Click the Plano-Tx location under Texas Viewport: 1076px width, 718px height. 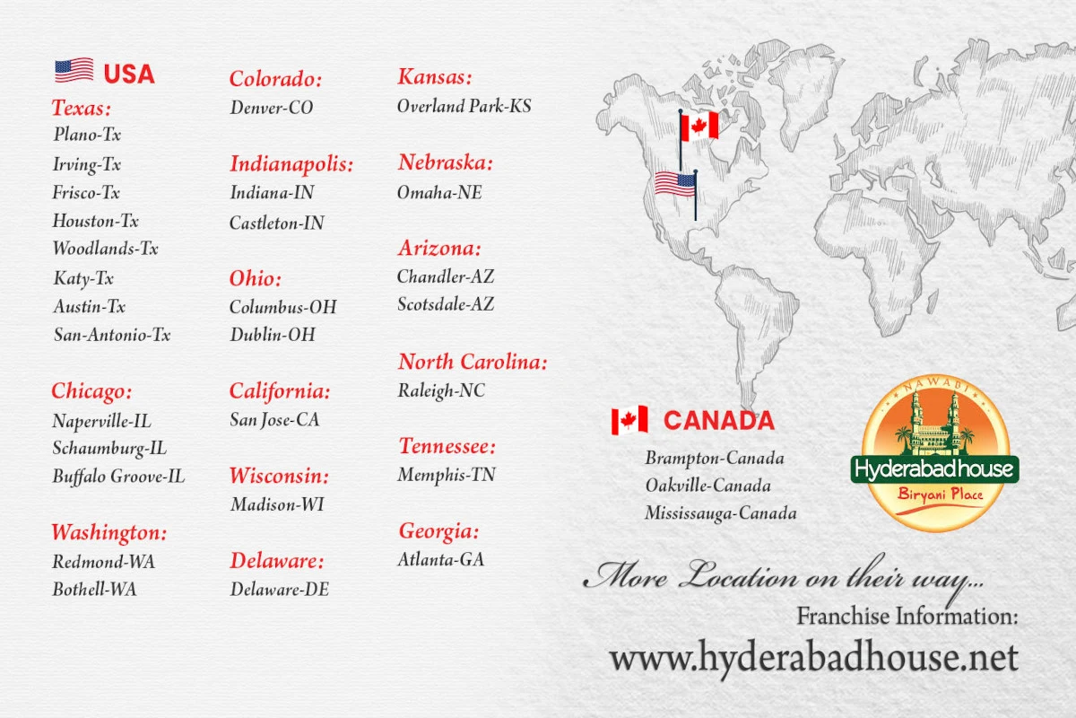point(87,136)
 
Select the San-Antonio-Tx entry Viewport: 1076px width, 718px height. point(111,335)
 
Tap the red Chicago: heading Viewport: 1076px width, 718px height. point(91,391)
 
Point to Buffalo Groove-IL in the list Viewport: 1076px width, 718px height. point(118,477)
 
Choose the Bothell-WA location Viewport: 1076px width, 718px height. point(94,590)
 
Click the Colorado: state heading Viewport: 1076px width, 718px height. point(275,79)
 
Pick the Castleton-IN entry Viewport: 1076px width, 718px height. point(277,223)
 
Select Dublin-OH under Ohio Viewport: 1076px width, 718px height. point(273,335)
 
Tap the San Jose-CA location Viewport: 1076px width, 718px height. point(274,419)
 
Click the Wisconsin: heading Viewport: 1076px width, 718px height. point(279,476)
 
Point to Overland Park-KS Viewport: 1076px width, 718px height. point(464,106)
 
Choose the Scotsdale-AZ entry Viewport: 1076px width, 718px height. point(446,304)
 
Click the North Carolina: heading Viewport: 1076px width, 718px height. point(473,363)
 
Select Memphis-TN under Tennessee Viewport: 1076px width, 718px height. point(447,475)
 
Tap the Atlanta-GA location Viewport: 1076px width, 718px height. point(441,559)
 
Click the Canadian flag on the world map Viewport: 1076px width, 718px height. point(699,127)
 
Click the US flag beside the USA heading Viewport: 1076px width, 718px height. point(74,71)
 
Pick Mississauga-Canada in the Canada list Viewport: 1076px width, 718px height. point(720,513)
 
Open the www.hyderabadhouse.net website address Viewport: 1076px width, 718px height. point(813,659)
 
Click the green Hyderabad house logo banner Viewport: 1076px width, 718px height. point(934,469)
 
